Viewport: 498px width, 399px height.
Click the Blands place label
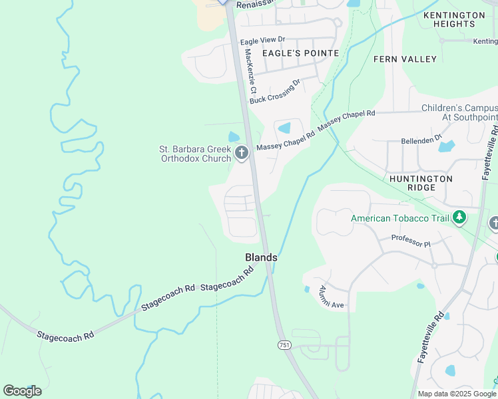click(261, 257)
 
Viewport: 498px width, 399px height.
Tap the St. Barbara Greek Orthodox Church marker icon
click(241, 154)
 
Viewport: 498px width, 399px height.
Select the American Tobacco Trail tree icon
click(459, 217)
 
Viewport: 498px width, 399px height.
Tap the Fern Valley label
click(405, 59)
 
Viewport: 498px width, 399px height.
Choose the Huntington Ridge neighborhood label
click(421, 184)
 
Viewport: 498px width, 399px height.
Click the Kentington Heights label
click(454, 19)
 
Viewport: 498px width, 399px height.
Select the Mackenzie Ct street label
click(250, 70)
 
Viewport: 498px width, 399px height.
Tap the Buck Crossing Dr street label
click(275, 92)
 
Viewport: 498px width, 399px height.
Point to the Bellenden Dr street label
click(421, 140)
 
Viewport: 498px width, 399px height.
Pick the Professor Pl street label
click(411, 241)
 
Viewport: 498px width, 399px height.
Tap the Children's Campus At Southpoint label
click(459, 112)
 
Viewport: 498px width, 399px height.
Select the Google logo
click(22, 391)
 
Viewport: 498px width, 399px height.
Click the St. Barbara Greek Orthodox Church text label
click(194, 154)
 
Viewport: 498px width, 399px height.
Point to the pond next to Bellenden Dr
click(446, 146)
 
